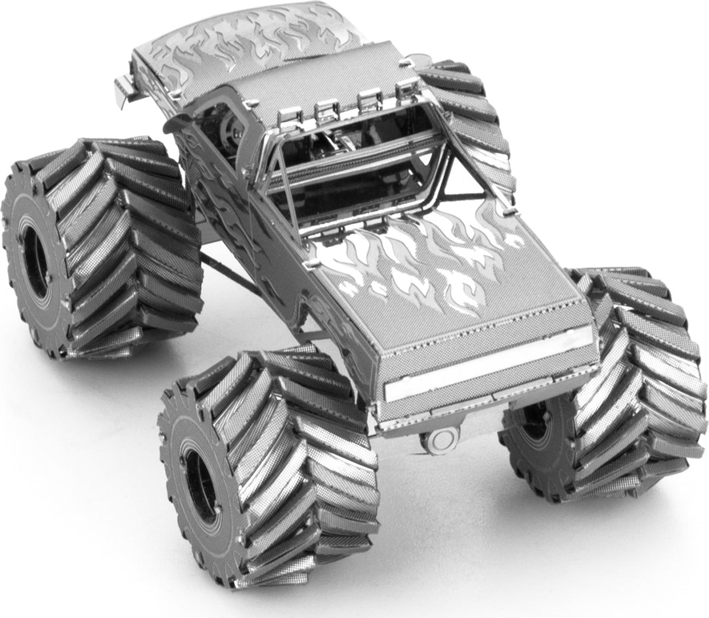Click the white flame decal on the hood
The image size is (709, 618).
point(420,263)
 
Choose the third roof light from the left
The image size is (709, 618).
point(371,99)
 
